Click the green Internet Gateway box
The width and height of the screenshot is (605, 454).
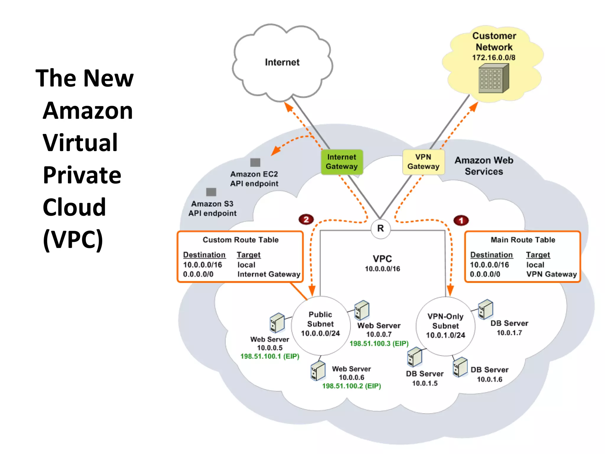(x=342, y=162)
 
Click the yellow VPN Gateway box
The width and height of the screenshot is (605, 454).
(x=423, y=162)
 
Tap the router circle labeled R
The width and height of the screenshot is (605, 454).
(x=380, y=228)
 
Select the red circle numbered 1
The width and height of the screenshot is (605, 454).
(x=461, y=220)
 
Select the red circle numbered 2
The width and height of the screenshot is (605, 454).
(x=306, y=219)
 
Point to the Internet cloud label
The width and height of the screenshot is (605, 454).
(x=282, y=62)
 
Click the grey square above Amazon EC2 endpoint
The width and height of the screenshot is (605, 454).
(x=255, y=162)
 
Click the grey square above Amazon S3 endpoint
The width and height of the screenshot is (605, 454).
(x=211, y=192)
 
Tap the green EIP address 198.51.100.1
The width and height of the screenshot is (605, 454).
(x=270, y=356)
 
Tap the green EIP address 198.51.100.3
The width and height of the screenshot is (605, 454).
(x=379, y=343)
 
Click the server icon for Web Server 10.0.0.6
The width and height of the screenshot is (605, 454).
(x=318, y=371)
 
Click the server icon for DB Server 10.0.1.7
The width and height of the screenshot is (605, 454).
(x=485, y=309)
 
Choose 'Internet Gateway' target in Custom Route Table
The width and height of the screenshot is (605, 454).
(x=269, y=274)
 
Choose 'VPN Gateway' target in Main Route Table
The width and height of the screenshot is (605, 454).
(x=551, y=274)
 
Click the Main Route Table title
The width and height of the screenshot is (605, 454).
(x=523, y=240)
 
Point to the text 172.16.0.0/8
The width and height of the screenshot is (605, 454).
(x=493, y=58)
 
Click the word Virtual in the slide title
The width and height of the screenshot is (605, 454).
(x=80, y=142)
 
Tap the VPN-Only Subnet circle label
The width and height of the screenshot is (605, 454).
(x=445, y=326)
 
